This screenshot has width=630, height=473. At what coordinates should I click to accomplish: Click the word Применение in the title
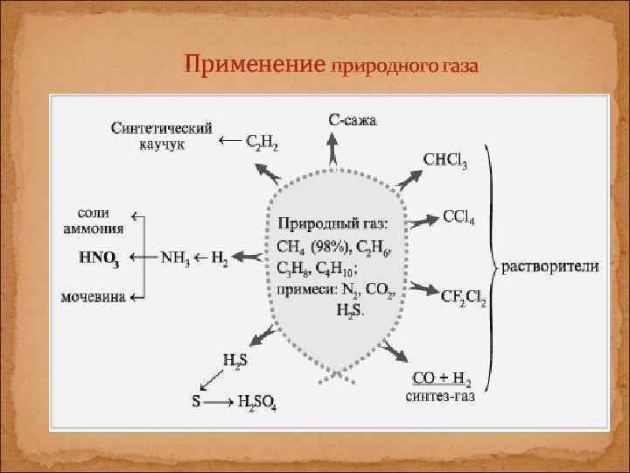click(x=253, y=65)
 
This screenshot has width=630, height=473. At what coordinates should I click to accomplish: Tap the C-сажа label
click(x=353, y=120)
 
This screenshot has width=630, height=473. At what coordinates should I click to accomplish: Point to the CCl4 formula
click(x=458, y=216)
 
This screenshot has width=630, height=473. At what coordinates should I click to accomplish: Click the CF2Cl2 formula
click(x=464, y=298)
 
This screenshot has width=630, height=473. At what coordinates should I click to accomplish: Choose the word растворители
click(x=549, y=266)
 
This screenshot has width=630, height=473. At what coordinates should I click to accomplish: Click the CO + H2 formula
click(x=440, y=379)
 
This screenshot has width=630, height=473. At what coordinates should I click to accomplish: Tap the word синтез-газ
click(x=441, y=396)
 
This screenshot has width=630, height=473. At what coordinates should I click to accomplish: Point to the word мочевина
click(x=92, y=296)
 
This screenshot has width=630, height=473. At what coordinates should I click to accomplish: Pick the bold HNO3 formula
click(x=99, y=258)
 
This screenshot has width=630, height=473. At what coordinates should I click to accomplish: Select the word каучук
click(x=162, y=144)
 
